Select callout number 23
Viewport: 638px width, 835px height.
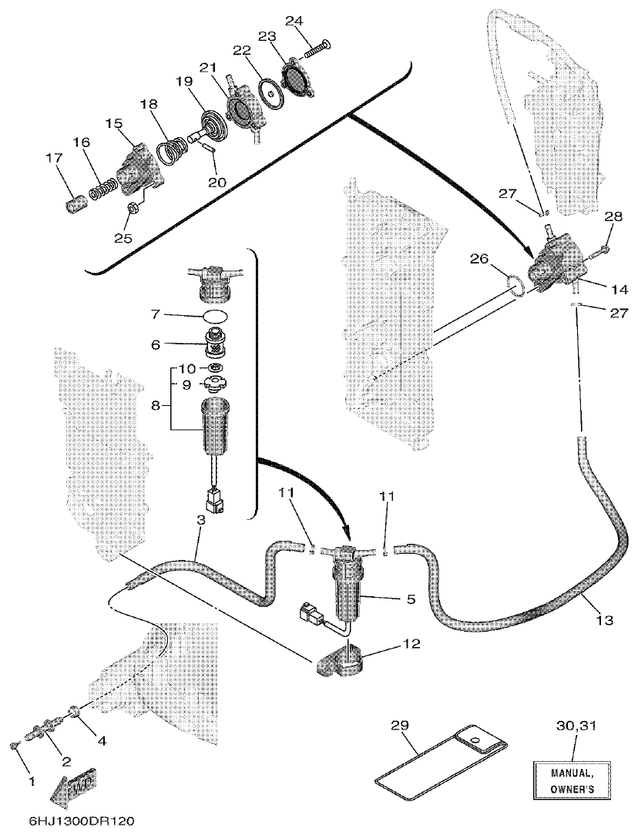[266, 36]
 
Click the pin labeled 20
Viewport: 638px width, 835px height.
[213, 147]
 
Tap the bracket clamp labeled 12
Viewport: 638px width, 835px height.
[340, 661]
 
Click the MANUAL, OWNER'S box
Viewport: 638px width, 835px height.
[571, 780]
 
